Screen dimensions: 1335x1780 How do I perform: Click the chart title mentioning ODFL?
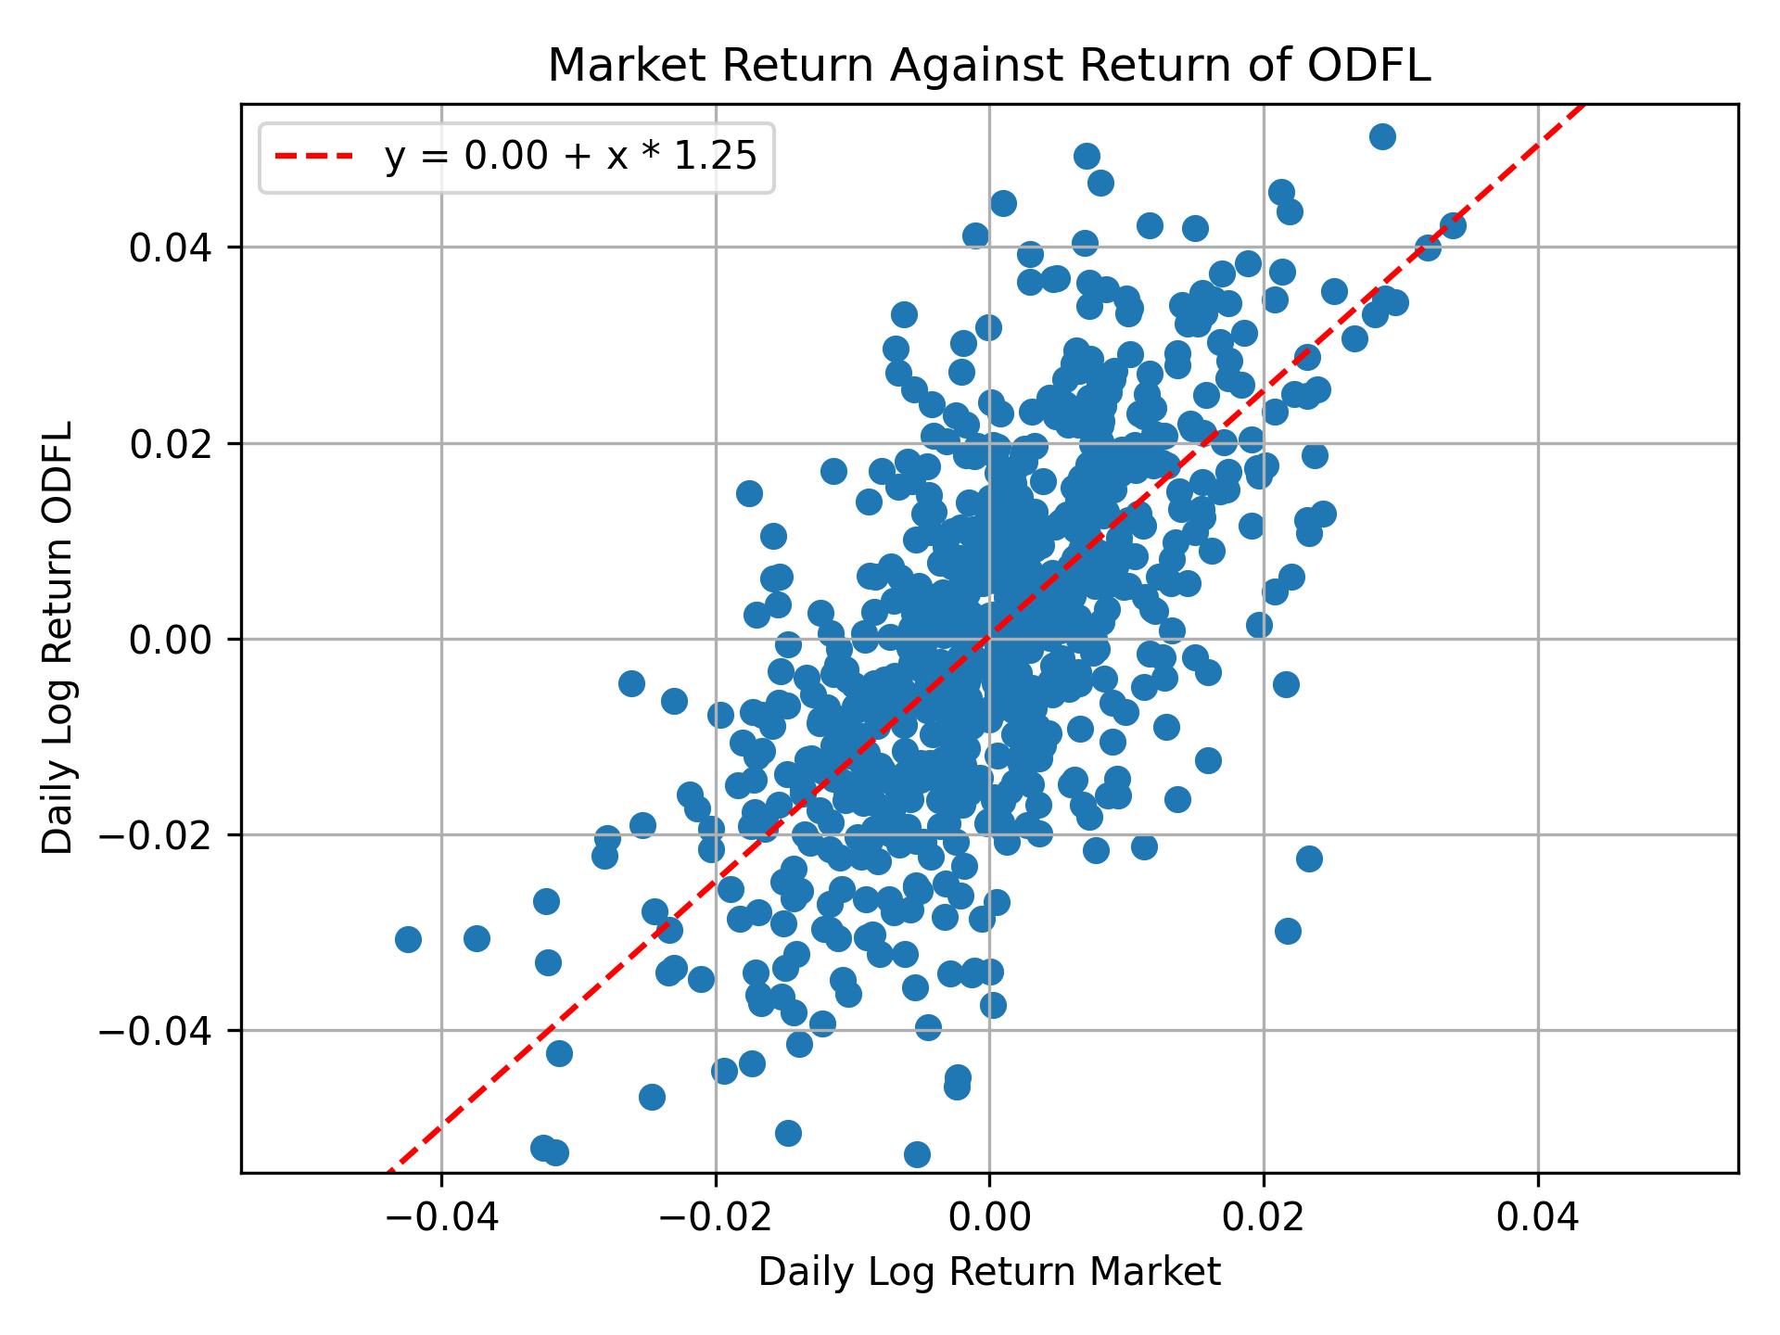point(989,67)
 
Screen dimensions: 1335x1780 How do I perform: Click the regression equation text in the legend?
point(571,158)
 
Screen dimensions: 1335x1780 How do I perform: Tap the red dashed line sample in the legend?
point(314,158)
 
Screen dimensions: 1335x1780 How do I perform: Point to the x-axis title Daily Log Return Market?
point(989,1273)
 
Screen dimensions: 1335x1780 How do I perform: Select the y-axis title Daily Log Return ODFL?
point(58,639)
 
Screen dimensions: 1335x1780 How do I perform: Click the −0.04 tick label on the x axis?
point(440,1217)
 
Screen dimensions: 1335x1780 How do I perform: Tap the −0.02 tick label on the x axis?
point(715,1217)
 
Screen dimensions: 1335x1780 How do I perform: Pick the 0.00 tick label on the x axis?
point(989,1217)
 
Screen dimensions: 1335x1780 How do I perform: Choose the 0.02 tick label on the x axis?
point(1264,1217)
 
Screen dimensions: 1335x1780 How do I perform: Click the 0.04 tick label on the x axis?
point(1538,1217)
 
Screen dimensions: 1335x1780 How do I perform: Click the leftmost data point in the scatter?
point(408,939)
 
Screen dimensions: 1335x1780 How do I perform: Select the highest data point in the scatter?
point(1382,137)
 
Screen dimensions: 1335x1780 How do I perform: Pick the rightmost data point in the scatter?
point(1453,225)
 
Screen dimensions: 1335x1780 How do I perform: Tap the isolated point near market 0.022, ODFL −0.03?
point(1288,931)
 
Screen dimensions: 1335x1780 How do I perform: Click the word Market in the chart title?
point(609,67)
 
